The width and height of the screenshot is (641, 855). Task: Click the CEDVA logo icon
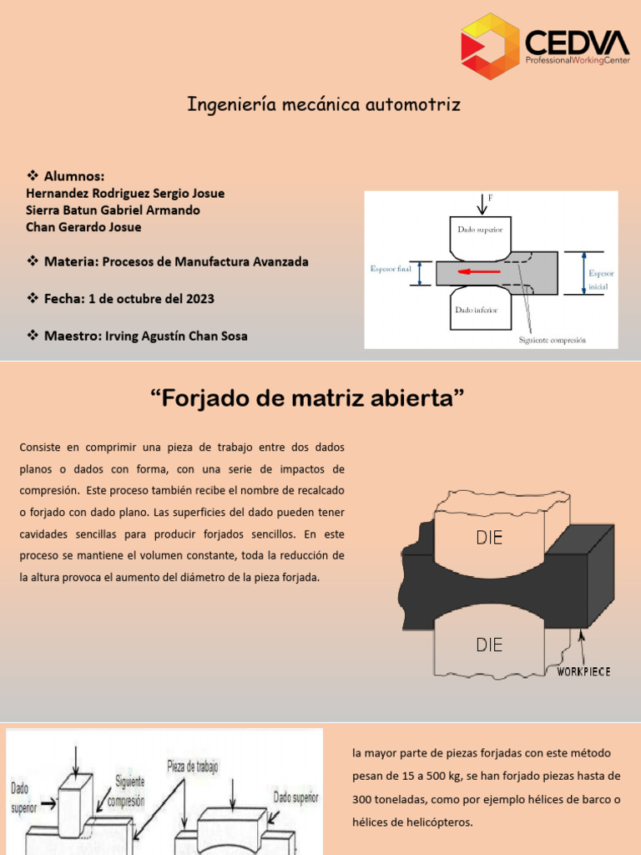click(490, 46)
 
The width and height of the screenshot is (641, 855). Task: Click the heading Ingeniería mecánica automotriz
click(323, 105)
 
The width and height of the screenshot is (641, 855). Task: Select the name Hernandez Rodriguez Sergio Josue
click(125, 193)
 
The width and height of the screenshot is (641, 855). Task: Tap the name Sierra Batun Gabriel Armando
click(114, 210)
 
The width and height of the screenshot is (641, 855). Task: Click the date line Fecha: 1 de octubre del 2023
click(129, 298)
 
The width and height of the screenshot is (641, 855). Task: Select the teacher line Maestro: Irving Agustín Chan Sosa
click(145, 336)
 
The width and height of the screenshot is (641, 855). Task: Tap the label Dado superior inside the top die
click(480, 227)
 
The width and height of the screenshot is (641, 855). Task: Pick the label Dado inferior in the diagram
click(476, 310)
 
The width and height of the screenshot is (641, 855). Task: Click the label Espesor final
click(391, 269)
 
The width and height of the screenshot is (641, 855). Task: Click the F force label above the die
click(491, 198)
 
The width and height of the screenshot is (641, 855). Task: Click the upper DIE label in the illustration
click(489, 538)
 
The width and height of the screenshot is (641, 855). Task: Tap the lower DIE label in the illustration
click(489, 644)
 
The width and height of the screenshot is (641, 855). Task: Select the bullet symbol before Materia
click(33, 261)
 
